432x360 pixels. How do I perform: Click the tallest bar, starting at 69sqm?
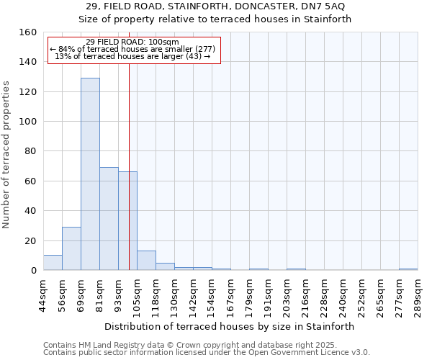[90, 174]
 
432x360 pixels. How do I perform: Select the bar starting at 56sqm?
[71, 248]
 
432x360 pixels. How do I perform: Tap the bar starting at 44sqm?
[53, 263]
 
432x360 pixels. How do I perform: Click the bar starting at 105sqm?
[146, 261]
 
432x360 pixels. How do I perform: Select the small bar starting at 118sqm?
[165, 266]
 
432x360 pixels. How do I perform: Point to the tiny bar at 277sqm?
[408, 269]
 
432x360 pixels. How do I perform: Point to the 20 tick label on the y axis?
[30, 241]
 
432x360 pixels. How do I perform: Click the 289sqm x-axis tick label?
[418, 296]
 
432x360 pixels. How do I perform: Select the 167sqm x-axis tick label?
[230, 296]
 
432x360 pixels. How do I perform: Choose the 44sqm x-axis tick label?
[43, 296]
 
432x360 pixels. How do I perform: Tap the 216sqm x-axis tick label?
[305, 296]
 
